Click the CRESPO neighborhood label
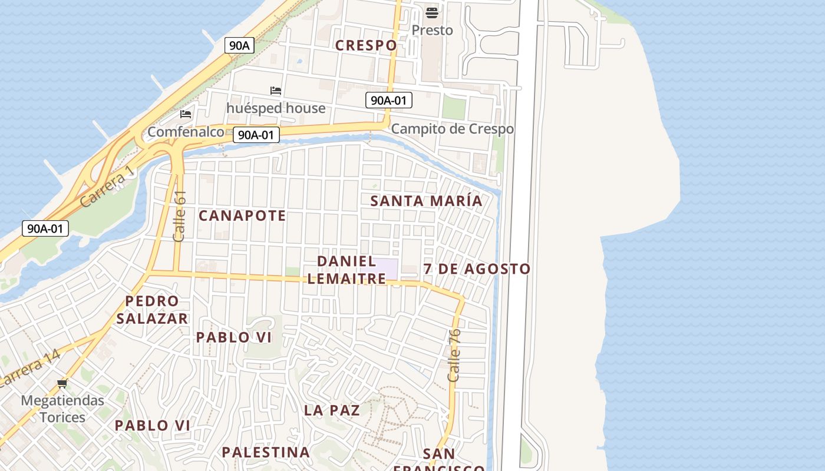pos(366,45)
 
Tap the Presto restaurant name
pos(432,30)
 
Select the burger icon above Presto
pos(432,12)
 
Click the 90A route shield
pos(239,45)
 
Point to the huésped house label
pos(276,108)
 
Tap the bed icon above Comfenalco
pos(186,114)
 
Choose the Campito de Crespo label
pos(452,129)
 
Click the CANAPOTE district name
pos(242,215)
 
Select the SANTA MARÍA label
pos(426,201)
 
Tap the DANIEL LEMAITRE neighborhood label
pos(346,270)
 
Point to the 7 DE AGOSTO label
pos(477,269)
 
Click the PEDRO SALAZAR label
pos(152,310)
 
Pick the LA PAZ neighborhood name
pos(332,410)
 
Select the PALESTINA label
pos(266,452)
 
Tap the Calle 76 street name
pos(454,355)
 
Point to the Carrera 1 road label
pos(108,187)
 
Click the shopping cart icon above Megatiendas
pos(62,384)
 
